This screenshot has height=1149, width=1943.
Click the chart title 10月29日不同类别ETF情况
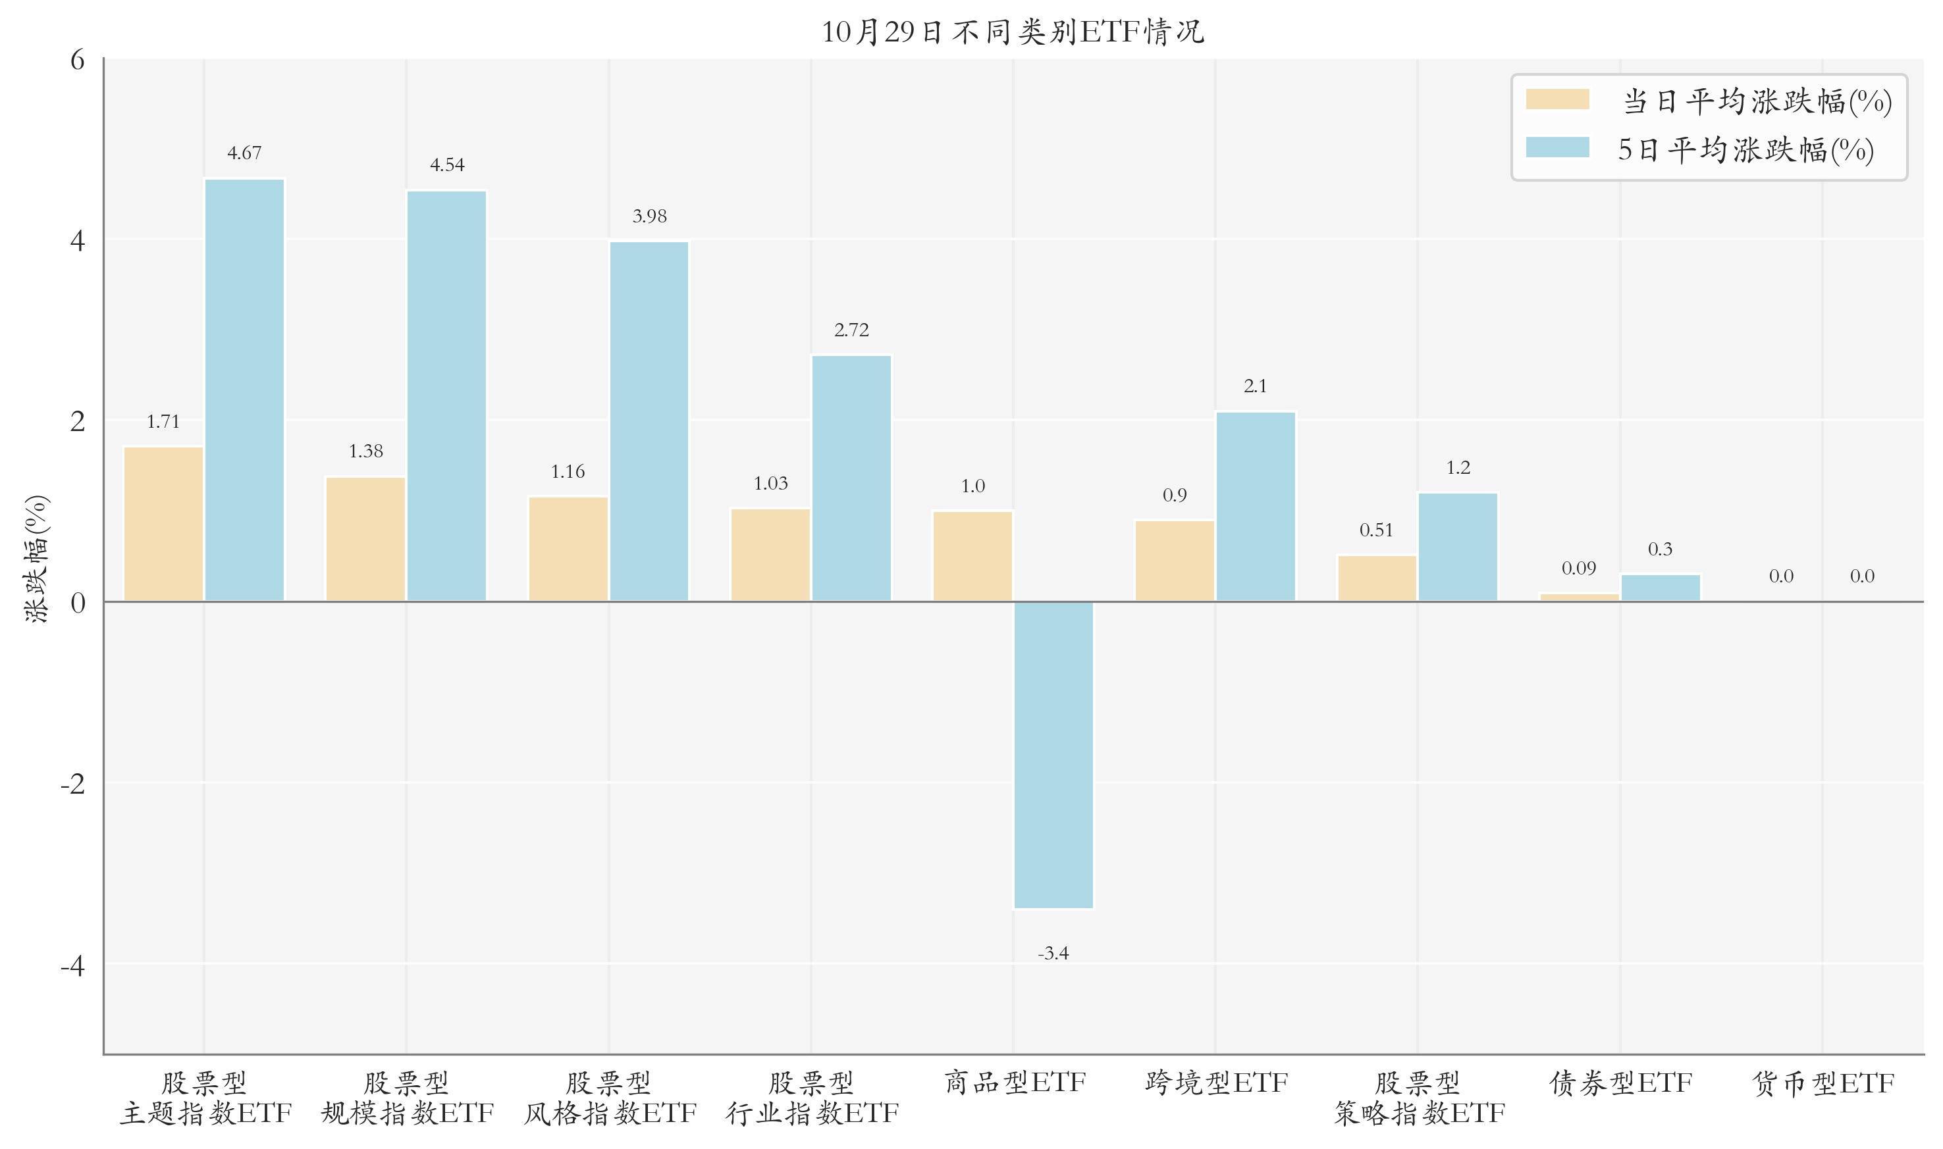point(1012,32)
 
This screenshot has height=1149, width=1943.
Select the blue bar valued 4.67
point(244,390)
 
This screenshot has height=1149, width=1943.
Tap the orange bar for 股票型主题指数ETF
point(163,523)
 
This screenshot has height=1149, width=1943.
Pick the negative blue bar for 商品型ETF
point(1053,754)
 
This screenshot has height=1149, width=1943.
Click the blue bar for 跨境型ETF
point(1256,506)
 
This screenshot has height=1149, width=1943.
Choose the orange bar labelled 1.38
point(365,539)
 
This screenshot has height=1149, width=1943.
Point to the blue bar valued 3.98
point(649,421)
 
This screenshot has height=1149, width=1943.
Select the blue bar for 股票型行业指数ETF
point(851,478)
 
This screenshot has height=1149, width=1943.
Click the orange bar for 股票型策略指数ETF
point(1377,578)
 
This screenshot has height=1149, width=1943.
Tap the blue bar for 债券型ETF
point(1661,588)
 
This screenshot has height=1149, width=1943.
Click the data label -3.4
point(1053,953)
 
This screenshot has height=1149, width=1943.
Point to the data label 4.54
point(447,165)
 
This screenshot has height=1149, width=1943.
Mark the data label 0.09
point(1578,569)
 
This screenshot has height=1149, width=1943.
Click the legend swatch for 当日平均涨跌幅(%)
point(1557,100)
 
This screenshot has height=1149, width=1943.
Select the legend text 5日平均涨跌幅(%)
point(1745,149)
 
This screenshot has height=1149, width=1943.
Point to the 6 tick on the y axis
point(78,60)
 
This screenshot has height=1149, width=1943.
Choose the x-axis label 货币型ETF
point(1823,1083)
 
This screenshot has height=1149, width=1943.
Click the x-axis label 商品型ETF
point(1014,1083)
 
